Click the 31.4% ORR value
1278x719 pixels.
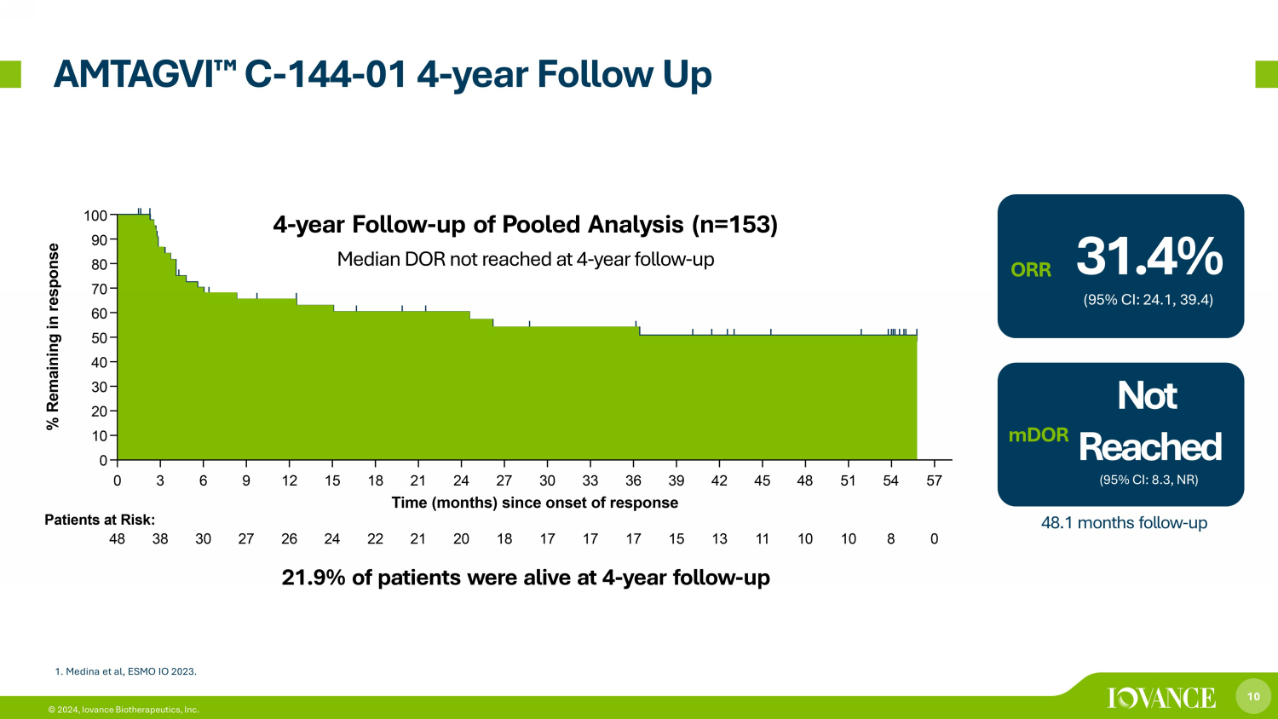pyautogui.click(x=1149, y=256)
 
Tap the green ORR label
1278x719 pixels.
pyautogui.click(x=1030, y=270)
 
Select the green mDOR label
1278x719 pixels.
pyautogui.click(x=1039, y=435)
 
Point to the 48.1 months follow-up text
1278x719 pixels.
pyautogui.click(x=1124, y=523)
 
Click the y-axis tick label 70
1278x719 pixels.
pyautogui.click(x=100, y=290)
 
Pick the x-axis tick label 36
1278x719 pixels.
pyautogui.click(x=633, y=481)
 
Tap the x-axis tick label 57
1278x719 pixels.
pyautogui.click(x=934, y=481)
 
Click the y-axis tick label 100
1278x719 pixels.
pyautogui.click(x=95, y=216)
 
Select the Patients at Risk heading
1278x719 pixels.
pyautogui.click(x=100, y=520)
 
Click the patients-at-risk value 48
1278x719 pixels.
pyautogui.click(x=117, y=539)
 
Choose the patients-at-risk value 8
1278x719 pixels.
pyautogui.click(x=890, y=539)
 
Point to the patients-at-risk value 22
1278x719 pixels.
pyautogui.click(x=375, y=539)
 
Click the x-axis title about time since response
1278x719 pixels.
pyautogui.click(x=534, y=503)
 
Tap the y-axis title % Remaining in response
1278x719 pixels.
pyautogui.click(x=53, y=336)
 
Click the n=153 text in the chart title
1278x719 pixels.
pyautogui.click(x=734, y=224)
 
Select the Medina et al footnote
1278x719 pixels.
pyautogui.click(x=125, y=671)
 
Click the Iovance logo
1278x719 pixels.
pyautogui.click(x=1161, y=698)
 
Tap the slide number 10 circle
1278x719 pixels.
pyautogui.click(x=1253, y=696)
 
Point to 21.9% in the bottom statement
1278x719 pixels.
pyautogui.click(x=314, y=578)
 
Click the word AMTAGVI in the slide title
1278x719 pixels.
pyautogui.click(x=133, y=75)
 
